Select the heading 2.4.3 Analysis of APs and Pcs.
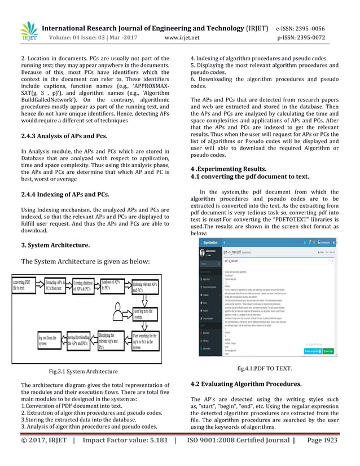[x=64, y=137]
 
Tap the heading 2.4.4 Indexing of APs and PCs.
[x=65, y=195]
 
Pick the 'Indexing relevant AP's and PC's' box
[x=145, y=288]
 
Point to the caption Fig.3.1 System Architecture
[x=84, y=371]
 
